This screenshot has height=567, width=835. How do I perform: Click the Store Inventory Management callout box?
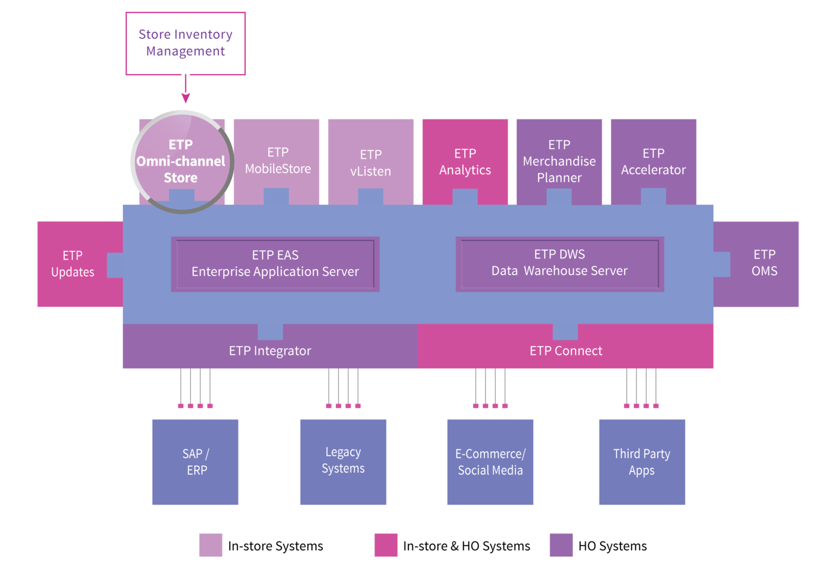point(185,43)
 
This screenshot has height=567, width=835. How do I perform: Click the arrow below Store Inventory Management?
point(185,88)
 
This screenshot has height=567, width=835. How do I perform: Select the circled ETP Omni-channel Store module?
point(183,162)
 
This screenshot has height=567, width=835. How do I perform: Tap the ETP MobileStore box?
point(276,162)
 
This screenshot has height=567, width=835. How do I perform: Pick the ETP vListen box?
point(370,162)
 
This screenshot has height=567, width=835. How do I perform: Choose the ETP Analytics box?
point(465,162)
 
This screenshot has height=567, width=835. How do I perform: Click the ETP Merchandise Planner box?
point(559,162)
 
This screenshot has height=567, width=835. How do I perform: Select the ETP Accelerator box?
point(654,162)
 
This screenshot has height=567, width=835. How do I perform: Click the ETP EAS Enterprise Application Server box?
point(275,264)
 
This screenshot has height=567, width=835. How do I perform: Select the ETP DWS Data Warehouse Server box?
point(559,264)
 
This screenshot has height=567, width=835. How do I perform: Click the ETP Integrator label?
point(270,351)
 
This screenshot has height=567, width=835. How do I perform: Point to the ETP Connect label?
point(566,351)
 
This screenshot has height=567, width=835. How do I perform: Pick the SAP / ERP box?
point(196,462)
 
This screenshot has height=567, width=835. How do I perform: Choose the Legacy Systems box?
point(344,462)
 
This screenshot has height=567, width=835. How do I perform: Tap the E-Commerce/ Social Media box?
point(490,462)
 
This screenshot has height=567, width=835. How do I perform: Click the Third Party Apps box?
point(642,462)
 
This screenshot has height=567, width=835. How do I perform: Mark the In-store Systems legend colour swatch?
point(211,545)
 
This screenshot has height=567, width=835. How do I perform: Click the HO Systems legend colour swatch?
point(561,545)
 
